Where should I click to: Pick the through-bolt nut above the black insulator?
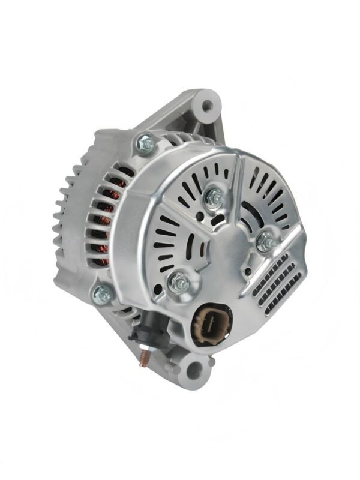102,294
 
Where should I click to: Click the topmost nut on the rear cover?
212,196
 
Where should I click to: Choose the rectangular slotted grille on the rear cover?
276,282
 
